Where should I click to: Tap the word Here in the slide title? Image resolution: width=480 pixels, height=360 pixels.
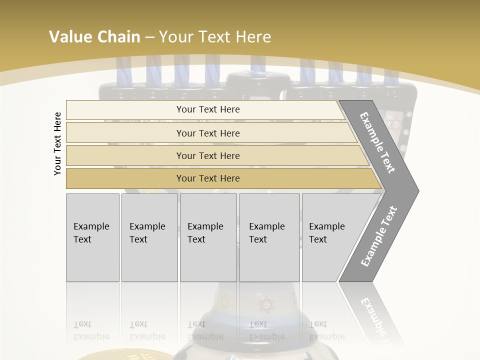pyautogui.click(x=253, y=37)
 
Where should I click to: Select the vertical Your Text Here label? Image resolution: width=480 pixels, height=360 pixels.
pyautogui.click(x=57, y=143)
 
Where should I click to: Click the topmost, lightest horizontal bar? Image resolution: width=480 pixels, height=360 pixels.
pyautogui.click(x=207, y=109)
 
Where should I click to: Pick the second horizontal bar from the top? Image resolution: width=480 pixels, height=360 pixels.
pyautogui.click(x=207, y=133)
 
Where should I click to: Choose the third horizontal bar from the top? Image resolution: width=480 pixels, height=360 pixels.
pyautogui.click(x=207, y=155)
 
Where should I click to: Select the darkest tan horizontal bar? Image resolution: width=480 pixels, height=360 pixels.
pyautogui.click(x=207, y=178)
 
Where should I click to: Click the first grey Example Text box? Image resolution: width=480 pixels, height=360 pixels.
pyautogui.click(x=92, y=237)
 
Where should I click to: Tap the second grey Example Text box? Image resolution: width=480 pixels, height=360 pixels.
pyautogui.click(x=149, y=237)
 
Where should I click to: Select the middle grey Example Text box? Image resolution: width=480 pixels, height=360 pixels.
pyautogui.click(x=208, y=237)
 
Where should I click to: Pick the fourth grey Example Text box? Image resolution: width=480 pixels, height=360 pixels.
pyautogui.click(x=269, y=237)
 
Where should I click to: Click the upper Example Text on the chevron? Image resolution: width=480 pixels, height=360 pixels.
pyautogui.click(x=377, y=142)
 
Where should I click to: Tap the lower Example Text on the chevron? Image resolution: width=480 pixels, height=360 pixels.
pyautogui.click(x=379, y=236)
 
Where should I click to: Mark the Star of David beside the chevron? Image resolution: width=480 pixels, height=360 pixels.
pyautogui.click(x=395, y=122)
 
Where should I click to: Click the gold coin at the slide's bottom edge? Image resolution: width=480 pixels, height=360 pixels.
pyautogui.click(x=125, y=355)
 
